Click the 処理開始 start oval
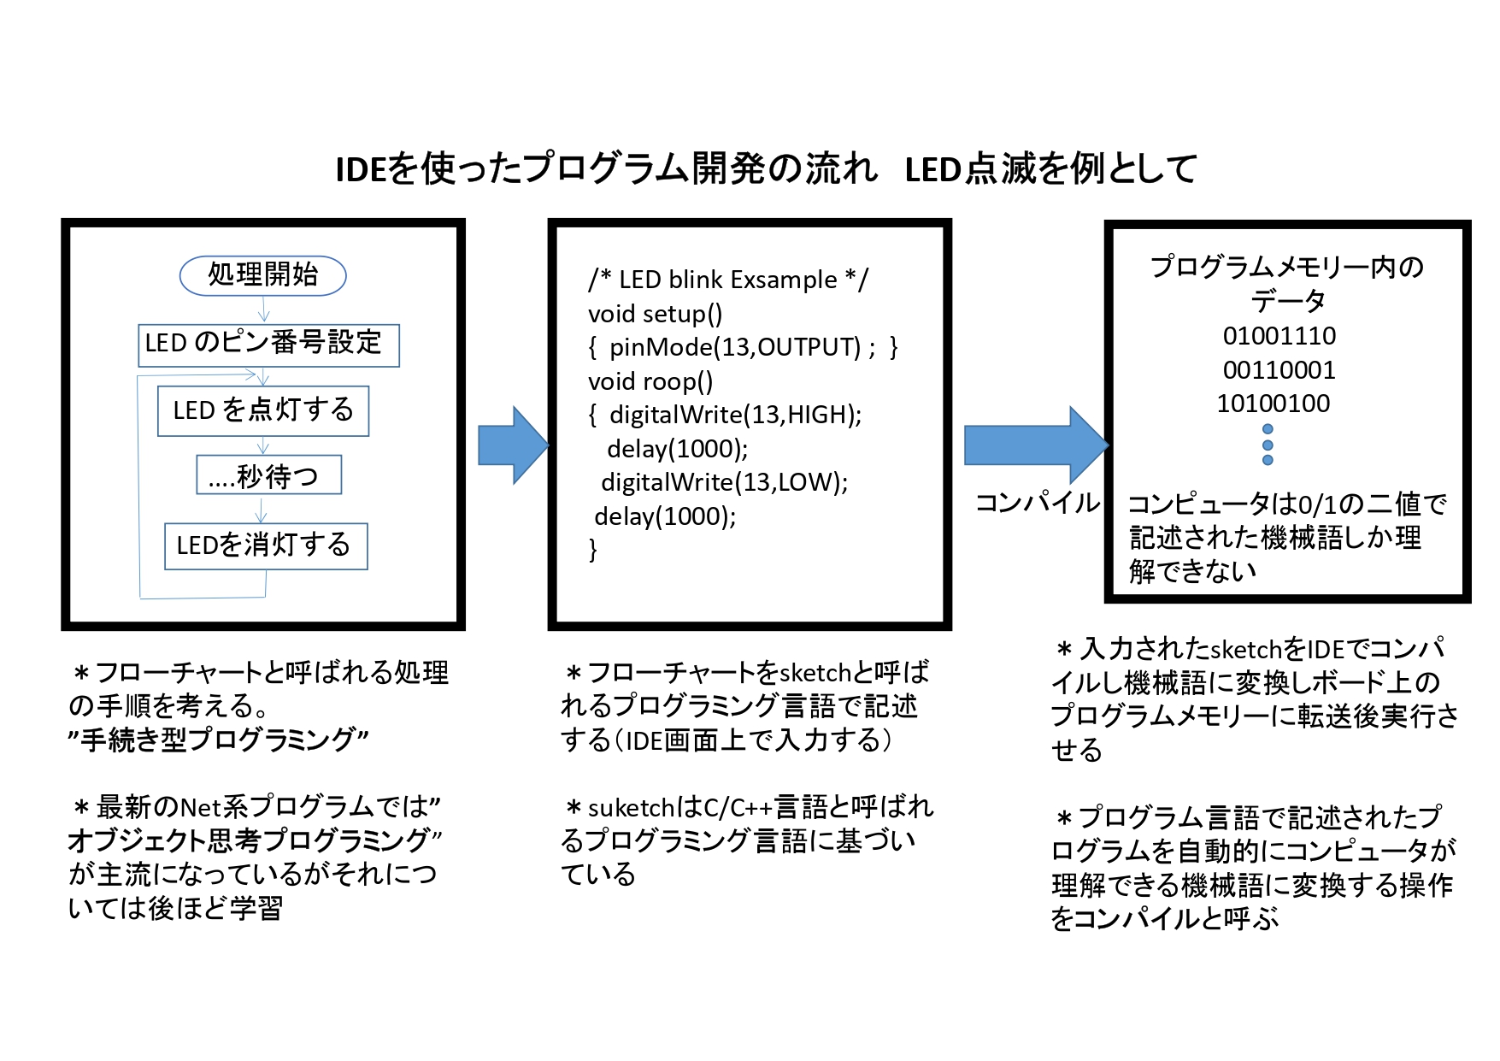[263, 275]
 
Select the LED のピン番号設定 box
[268, 345]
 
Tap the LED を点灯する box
[263, 411]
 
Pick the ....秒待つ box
[269, 475]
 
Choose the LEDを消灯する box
[266, 545]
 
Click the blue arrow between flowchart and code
[513, 445]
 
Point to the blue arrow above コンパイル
[1037, 445]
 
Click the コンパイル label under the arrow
[1038, 502]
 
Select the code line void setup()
[656, 314]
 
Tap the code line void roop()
[650, 381]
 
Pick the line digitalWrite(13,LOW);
[725, 482]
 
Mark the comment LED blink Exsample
[728, 280]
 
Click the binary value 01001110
[1279, 336]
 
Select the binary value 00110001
[1279, 370]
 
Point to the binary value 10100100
[1274, 404]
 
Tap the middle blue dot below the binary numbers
[1268, 445]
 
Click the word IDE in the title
[361, 169]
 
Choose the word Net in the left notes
[200, 806]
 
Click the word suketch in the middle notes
[632, 807]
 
